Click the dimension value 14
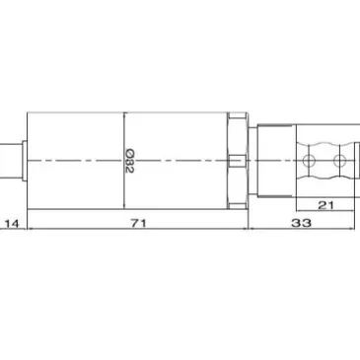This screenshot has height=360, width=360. [12, 224]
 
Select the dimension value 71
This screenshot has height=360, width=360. [138, 223]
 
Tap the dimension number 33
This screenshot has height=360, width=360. [301, 223]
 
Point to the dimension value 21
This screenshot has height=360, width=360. [325, 205]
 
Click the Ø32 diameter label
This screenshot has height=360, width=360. [129, 161]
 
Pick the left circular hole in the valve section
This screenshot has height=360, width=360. [309, 161]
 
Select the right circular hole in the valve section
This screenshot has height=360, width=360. [339, 161]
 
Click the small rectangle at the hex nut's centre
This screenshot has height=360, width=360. [237, 161]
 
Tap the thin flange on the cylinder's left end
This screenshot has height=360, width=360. [25, 161]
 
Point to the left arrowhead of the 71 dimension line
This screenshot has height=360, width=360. [31, 228]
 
